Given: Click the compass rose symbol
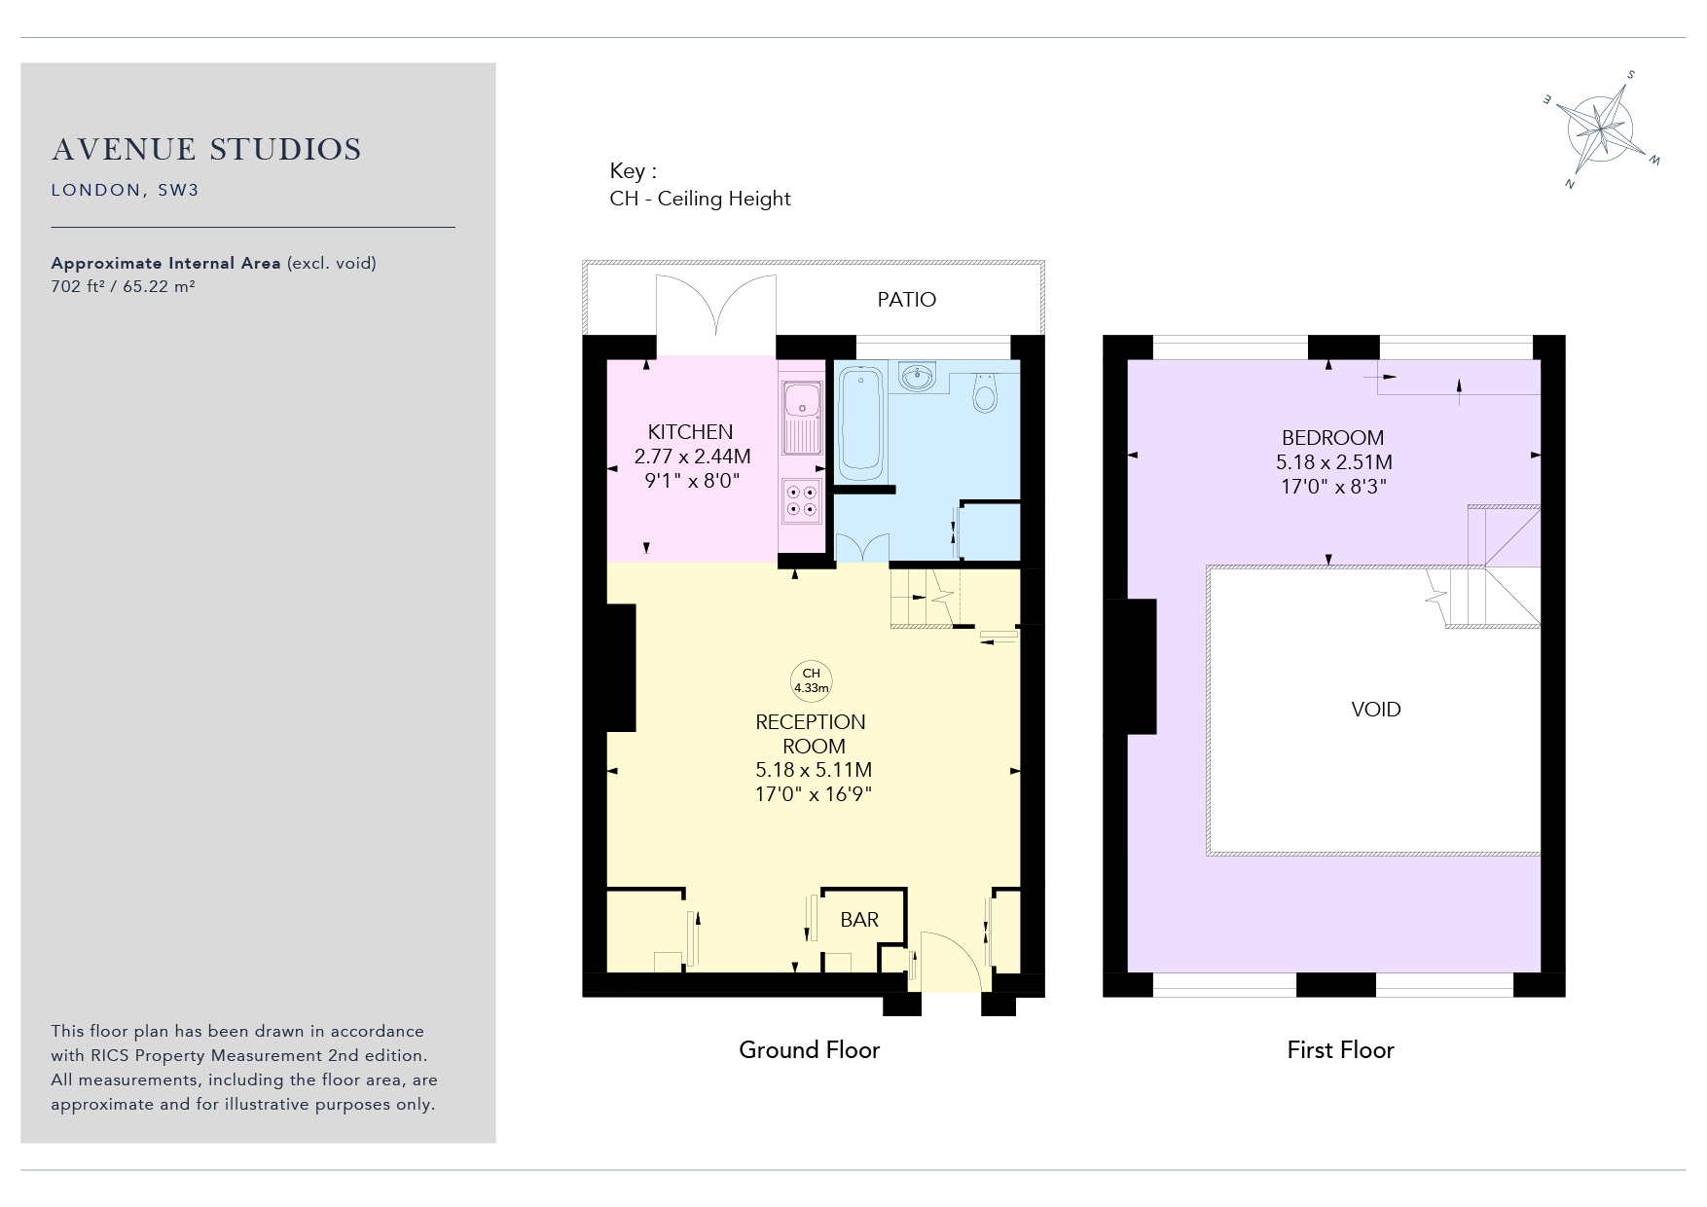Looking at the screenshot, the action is click(x=1602, y=128).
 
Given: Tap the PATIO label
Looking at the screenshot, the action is click(x=906, y=300).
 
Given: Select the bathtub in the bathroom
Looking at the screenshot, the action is click(x=860, y=422).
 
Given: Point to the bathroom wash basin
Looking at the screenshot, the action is click(x=917, y=376).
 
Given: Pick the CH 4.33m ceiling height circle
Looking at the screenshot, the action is click(x=811, y=680).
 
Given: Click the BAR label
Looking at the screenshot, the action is click(x=859, y=920).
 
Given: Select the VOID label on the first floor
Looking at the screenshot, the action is click(x=1376, y=710).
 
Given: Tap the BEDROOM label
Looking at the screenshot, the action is click(x=1332, y=438).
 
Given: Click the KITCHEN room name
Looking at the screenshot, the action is click(x=690, y=432).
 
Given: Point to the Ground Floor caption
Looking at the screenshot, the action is click(x=809, y=1049).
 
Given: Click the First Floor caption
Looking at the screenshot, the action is click(x=1340, y=1049).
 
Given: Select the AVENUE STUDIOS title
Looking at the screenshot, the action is click(x=206, y=150).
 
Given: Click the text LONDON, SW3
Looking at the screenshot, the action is click(x=125, y=190).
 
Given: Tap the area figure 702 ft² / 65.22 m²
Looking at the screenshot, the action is click(x=123, y=286).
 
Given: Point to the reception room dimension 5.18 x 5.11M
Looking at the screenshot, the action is click(x=814, y=770).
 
